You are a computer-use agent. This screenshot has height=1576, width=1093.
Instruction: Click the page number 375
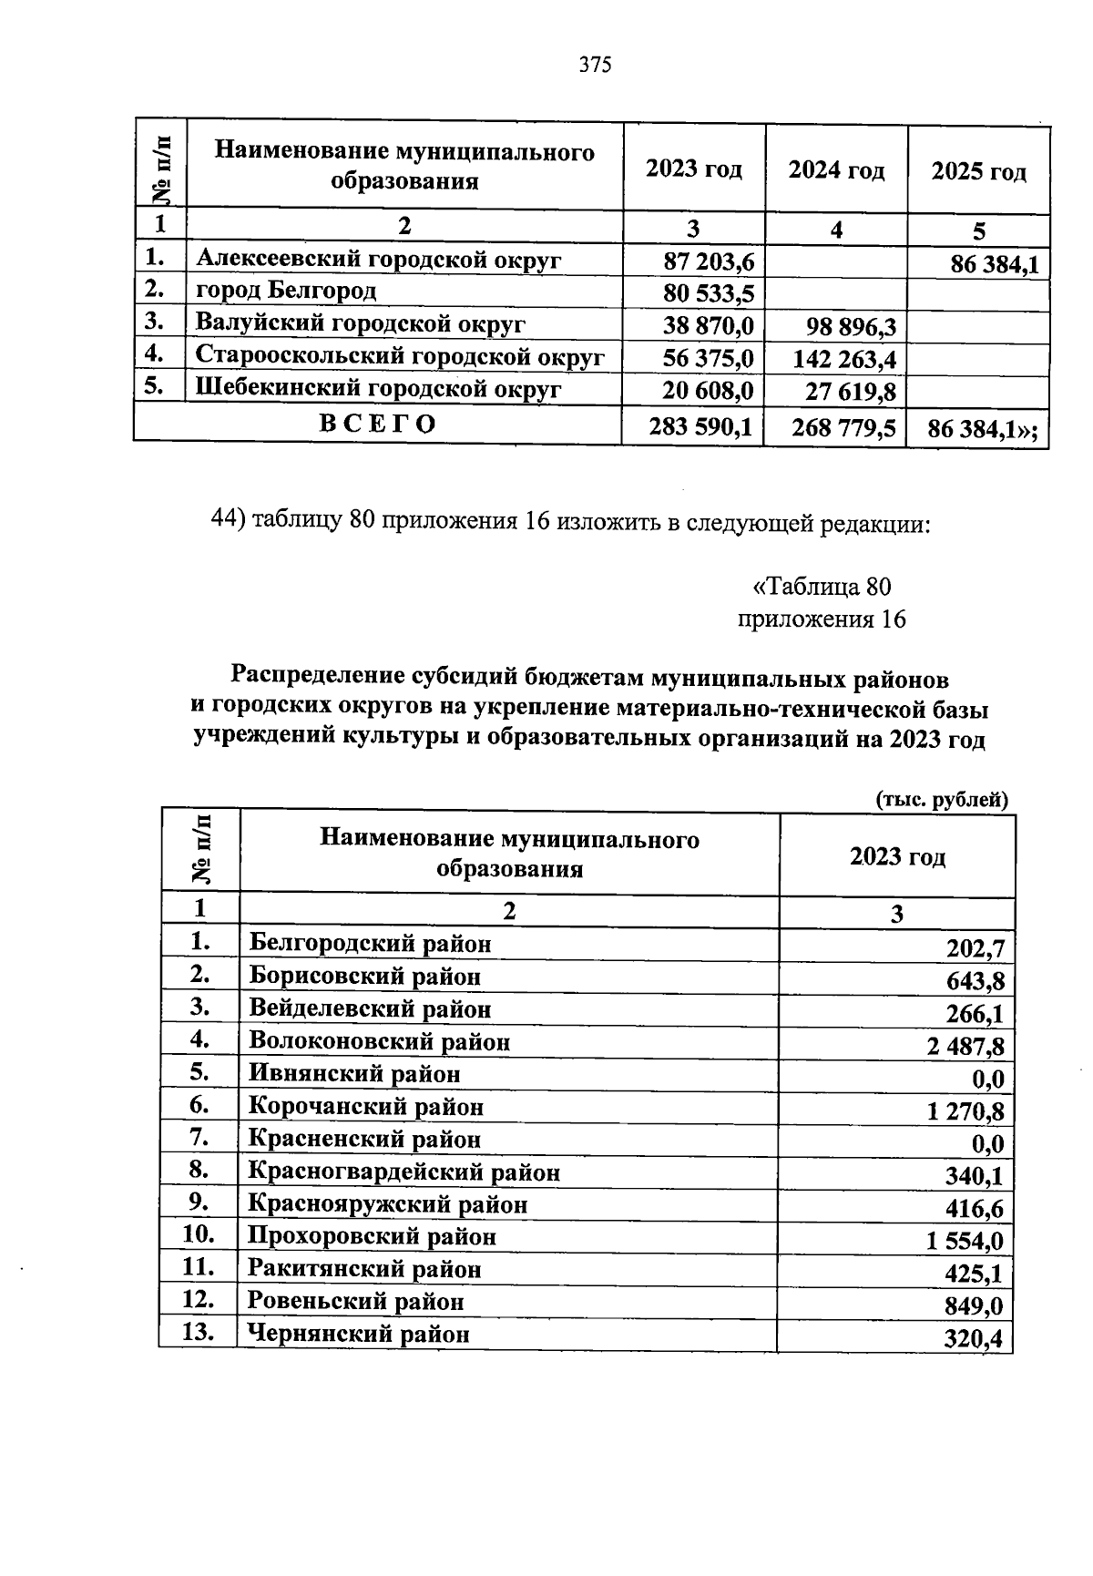click(x=594, y=65)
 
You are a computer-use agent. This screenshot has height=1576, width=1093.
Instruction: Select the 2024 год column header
click(x=836, y=170)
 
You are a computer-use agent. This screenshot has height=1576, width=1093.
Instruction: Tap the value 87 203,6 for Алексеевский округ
click(x=709, y=262)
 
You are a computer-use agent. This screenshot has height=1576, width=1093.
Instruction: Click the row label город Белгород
click(x=286, y=291)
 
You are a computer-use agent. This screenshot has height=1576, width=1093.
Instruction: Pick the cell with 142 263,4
click(x=843, y=359)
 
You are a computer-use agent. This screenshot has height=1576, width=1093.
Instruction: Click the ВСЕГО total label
click(x=378, y=424)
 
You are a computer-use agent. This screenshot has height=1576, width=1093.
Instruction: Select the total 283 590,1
click(x=700, y=426)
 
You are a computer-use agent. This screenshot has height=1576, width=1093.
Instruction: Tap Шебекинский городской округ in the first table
click(x=378, y=389)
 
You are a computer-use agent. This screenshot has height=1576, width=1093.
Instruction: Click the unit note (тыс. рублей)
click(x=941, y=799)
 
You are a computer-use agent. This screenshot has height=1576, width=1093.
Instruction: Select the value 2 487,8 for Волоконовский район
click(x=965, y=1047)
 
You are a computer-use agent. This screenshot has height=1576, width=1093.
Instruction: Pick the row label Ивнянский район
click(x=354, y=1074)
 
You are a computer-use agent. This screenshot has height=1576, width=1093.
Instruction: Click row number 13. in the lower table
click(x=198, y=1332)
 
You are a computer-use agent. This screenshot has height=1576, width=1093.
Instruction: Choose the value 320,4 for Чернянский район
click(x=974, y=1339)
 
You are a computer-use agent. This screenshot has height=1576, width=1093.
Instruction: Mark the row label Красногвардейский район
click(x=403, y=1172)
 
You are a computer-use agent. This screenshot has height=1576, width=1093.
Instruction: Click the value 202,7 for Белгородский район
click(x=976, y=949)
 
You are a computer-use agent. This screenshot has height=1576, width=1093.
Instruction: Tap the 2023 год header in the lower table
click(x=897, y=856)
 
